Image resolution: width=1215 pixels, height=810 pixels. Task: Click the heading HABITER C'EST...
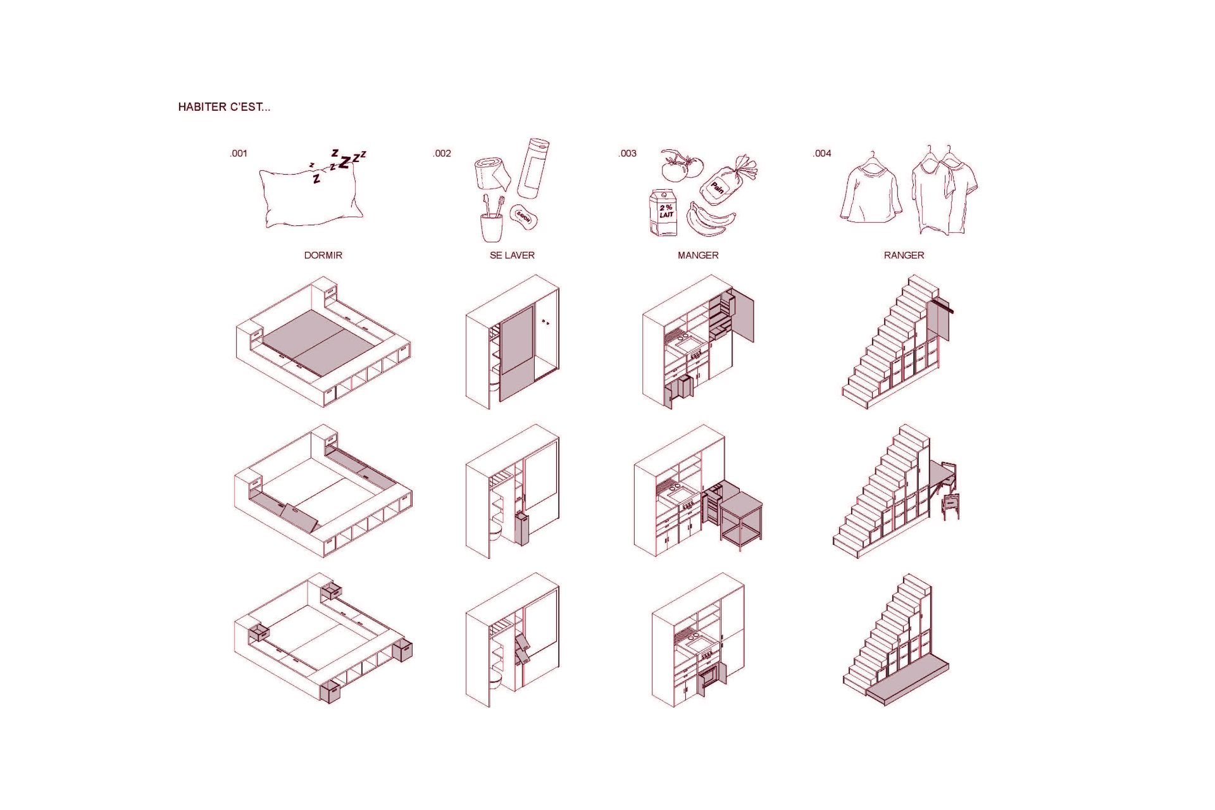tap(224, 107)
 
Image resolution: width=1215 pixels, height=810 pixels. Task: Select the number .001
tap(239, 153)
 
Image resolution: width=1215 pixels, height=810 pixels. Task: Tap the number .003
tap(627, 153)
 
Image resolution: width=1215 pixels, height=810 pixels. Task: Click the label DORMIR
tap(323, 255)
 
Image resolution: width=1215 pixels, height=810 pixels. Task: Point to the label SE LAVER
tap(512, 255)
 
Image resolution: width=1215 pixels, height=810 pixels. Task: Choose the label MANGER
tap(698, 255)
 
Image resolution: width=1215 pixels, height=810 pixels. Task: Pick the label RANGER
tap(904, 255)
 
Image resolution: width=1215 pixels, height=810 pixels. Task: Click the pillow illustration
tap(310, 194)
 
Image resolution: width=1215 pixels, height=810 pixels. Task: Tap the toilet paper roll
tap(492, 173)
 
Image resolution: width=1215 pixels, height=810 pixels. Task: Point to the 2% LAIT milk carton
tap(663, 213)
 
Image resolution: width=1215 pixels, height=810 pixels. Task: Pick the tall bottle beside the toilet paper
tap(533, 168)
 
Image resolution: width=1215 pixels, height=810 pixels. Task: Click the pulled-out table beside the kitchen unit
tap(741, 521)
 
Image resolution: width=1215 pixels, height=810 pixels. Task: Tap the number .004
tap(822, 153)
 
